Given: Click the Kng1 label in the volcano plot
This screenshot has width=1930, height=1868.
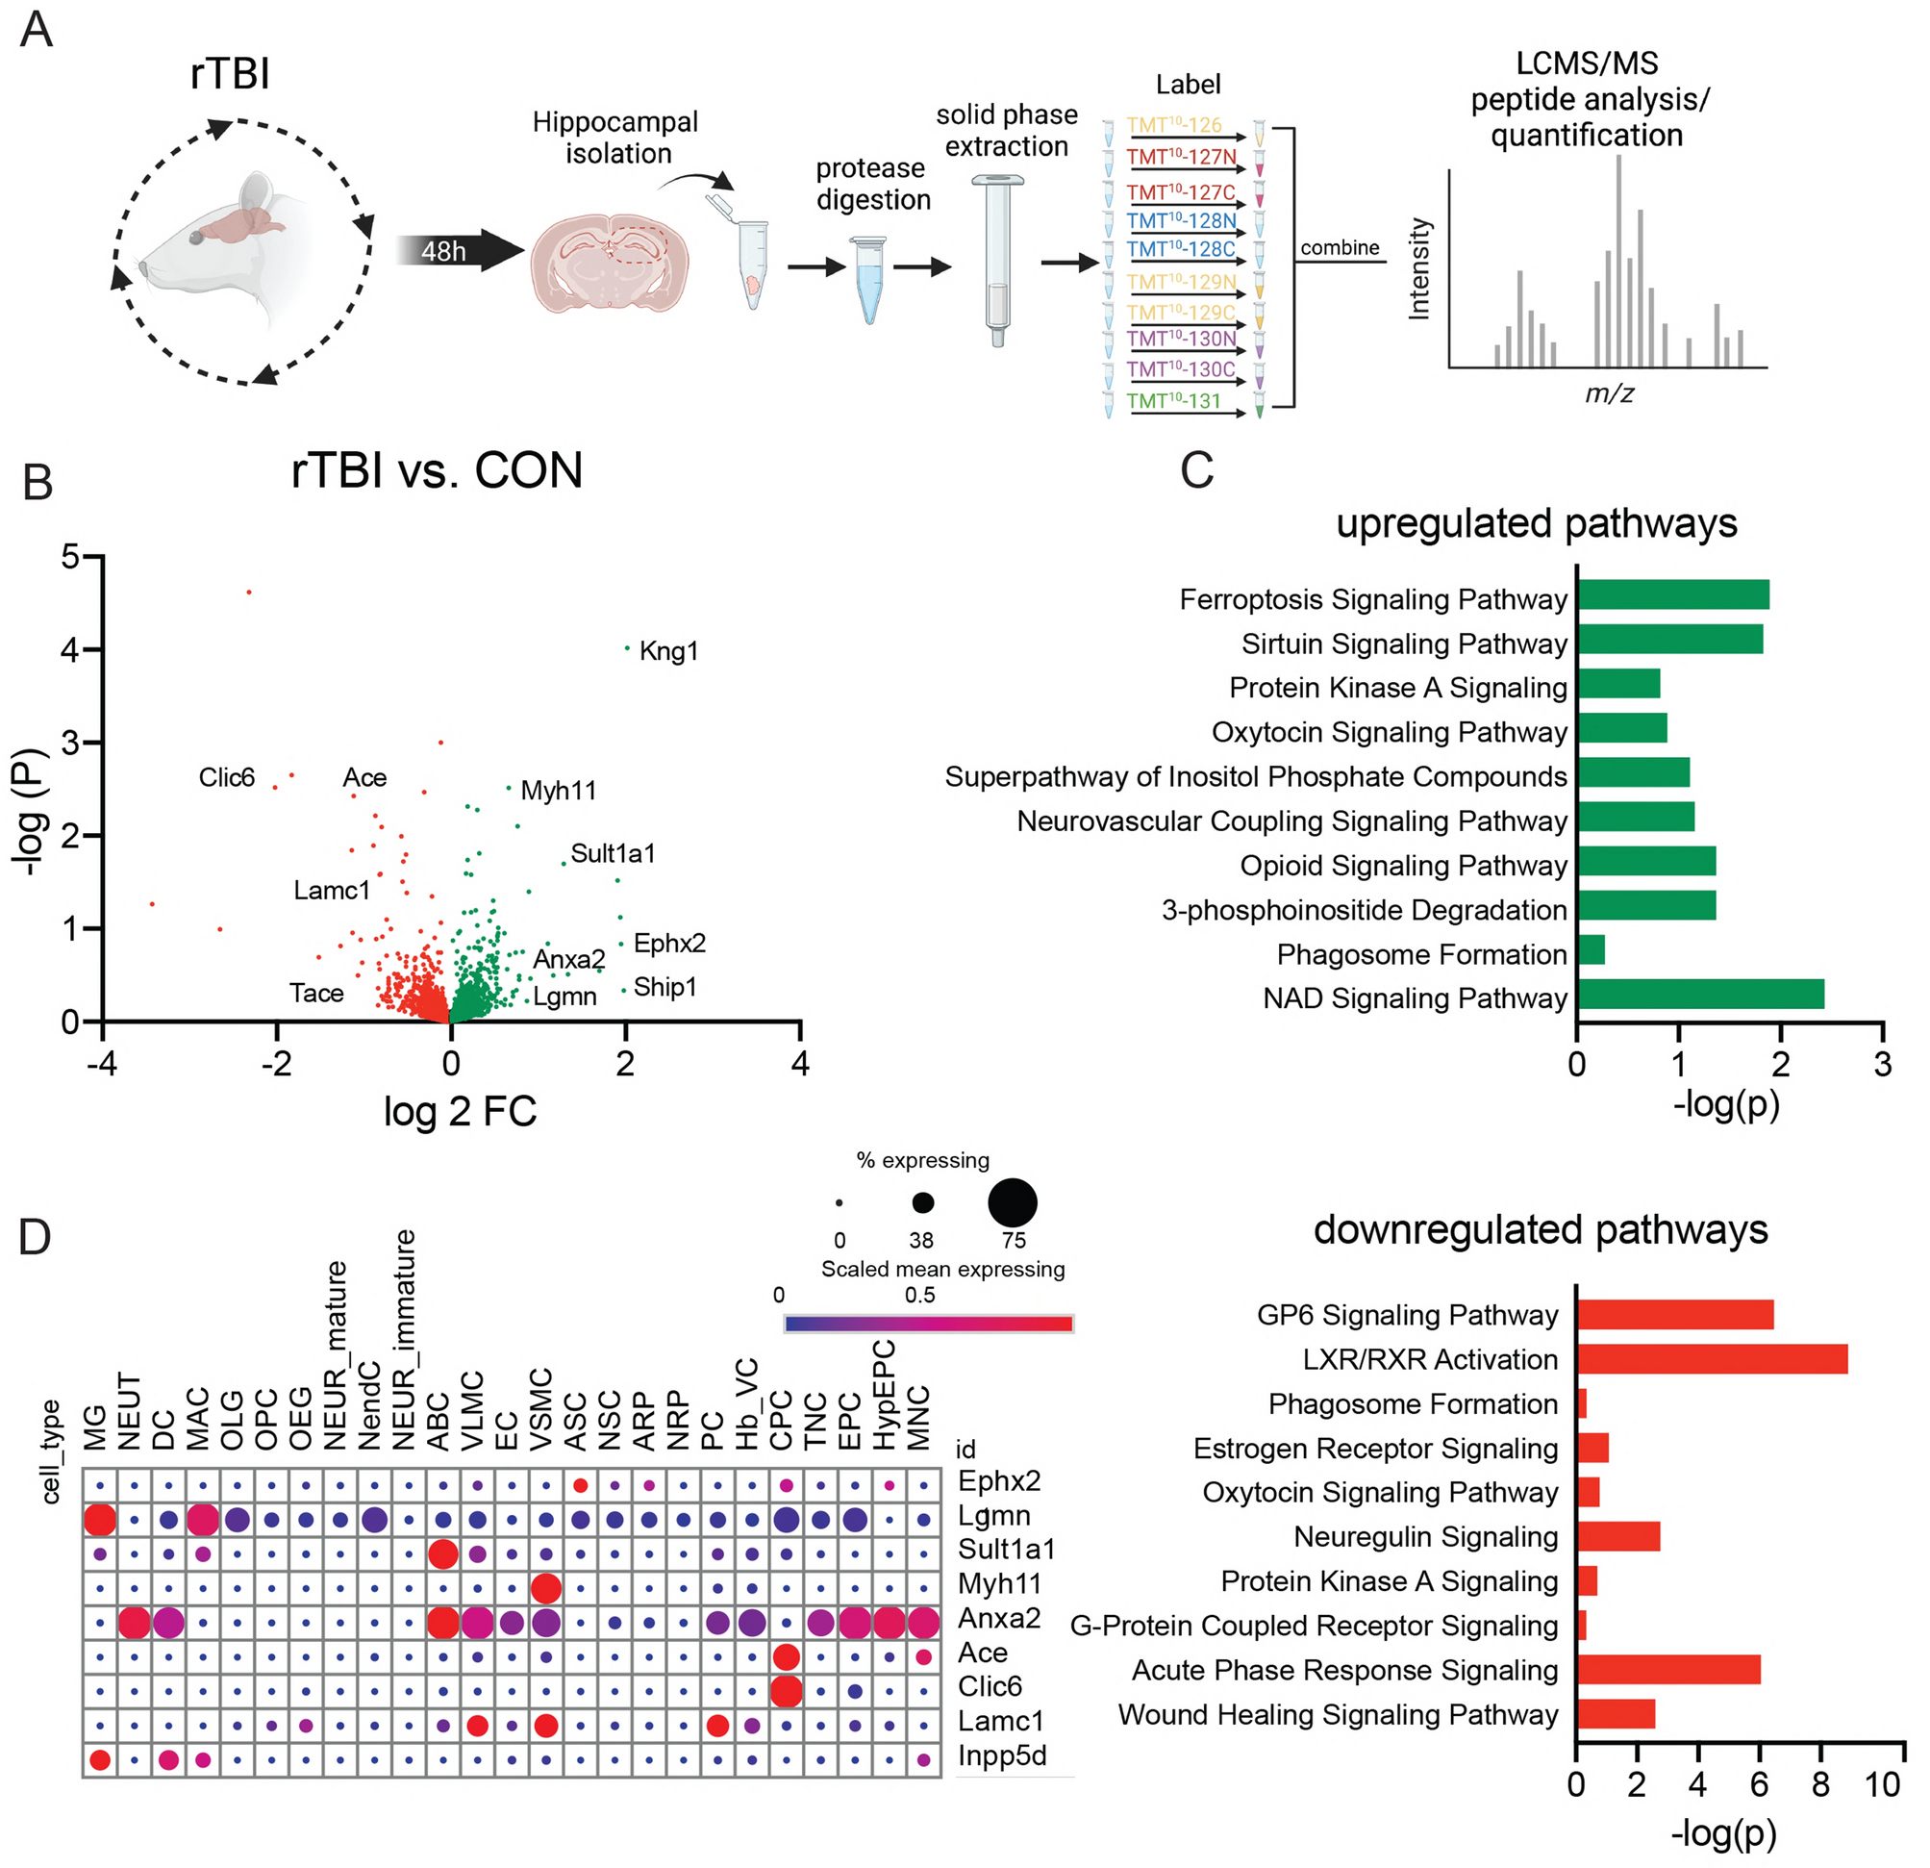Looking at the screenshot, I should [668, 651].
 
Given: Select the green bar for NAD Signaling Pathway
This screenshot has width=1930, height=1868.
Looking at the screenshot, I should [1699, 995].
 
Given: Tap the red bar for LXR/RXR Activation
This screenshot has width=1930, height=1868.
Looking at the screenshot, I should [1711, 1359].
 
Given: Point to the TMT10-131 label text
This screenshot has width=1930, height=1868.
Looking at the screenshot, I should [1174, 401].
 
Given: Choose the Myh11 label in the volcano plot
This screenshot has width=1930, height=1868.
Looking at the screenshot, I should [559, 791].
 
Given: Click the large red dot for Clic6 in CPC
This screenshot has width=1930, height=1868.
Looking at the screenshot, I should [785, 1691].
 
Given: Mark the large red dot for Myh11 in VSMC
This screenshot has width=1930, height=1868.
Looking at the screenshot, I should [544, 1587].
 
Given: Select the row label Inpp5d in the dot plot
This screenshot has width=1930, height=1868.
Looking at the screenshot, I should [1001, 1755].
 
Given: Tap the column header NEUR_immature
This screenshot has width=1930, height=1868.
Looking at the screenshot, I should [404, 1339].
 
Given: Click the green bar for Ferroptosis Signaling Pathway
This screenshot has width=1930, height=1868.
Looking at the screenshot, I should [1672, 594].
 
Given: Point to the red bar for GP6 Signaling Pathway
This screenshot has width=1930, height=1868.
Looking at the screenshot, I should [1674, 1315].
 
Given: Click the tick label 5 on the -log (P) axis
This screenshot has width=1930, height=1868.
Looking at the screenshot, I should [70, 557].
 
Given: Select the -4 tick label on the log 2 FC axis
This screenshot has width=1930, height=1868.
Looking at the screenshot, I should [101, 1064].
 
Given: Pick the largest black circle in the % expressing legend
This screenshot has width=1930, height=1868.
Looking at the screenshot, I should [1014, 1202].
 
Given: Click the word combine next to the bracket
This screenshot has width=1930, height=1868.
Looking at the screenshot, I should [1340, 248].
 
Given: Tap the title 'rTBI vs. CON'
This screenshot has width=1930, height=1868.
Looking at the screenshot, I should [437, 470].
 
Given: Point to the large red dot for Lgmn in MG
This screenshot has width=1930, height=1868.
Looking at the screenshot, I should [99, 1520].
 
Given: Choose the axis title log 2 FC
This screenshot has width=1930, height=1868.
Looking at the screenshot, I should [460, 1112].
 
